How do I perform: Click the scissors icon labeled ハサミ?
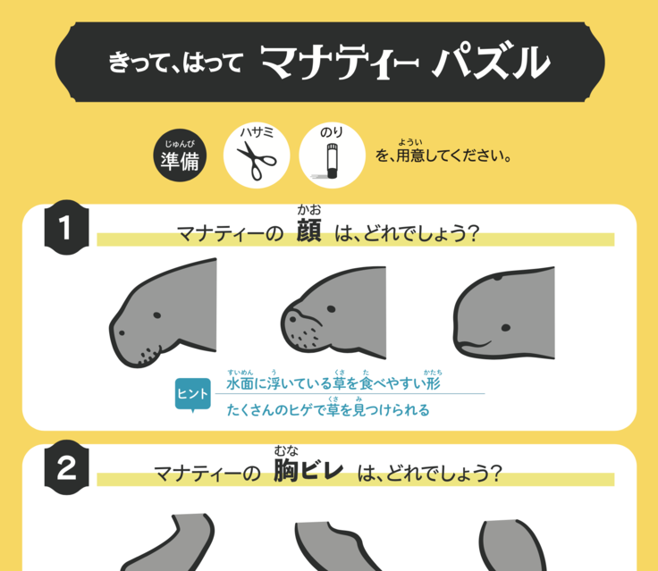[257, 161]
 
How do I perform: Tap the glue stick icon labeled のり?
[332, 161]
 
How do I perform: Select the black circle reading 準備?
[180, 155]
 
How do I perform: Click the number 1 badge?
[66, 227]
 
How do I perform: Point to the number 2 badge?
[66, 467]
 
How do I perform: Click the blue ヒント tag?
[192, 394]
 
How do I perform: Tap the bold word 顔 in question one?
[308, 231]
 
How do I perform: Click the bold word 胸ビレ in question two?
[308, 470]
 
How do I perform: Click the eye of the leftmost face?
[157, 315]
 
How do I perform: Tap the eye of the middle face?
[331, 309]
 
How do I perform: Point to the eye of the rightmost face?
[506, 328]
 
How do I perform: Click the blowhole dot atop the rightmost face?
[498, 277]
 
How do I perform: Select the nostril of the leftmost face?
[122, 332]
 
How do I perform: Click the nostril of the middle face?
[293, 319]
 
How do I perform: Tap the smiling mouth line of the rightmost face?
[474, 346]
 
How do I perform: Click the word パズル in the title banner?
[492, 62]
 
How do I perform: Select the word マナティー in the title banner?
[339, 62]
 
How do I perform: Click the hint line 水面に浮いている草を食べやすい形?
[333, 383]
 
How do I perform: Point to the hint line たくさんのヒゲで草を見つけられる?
[328, 409]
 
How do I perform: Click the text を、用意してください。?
[443, 155]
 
